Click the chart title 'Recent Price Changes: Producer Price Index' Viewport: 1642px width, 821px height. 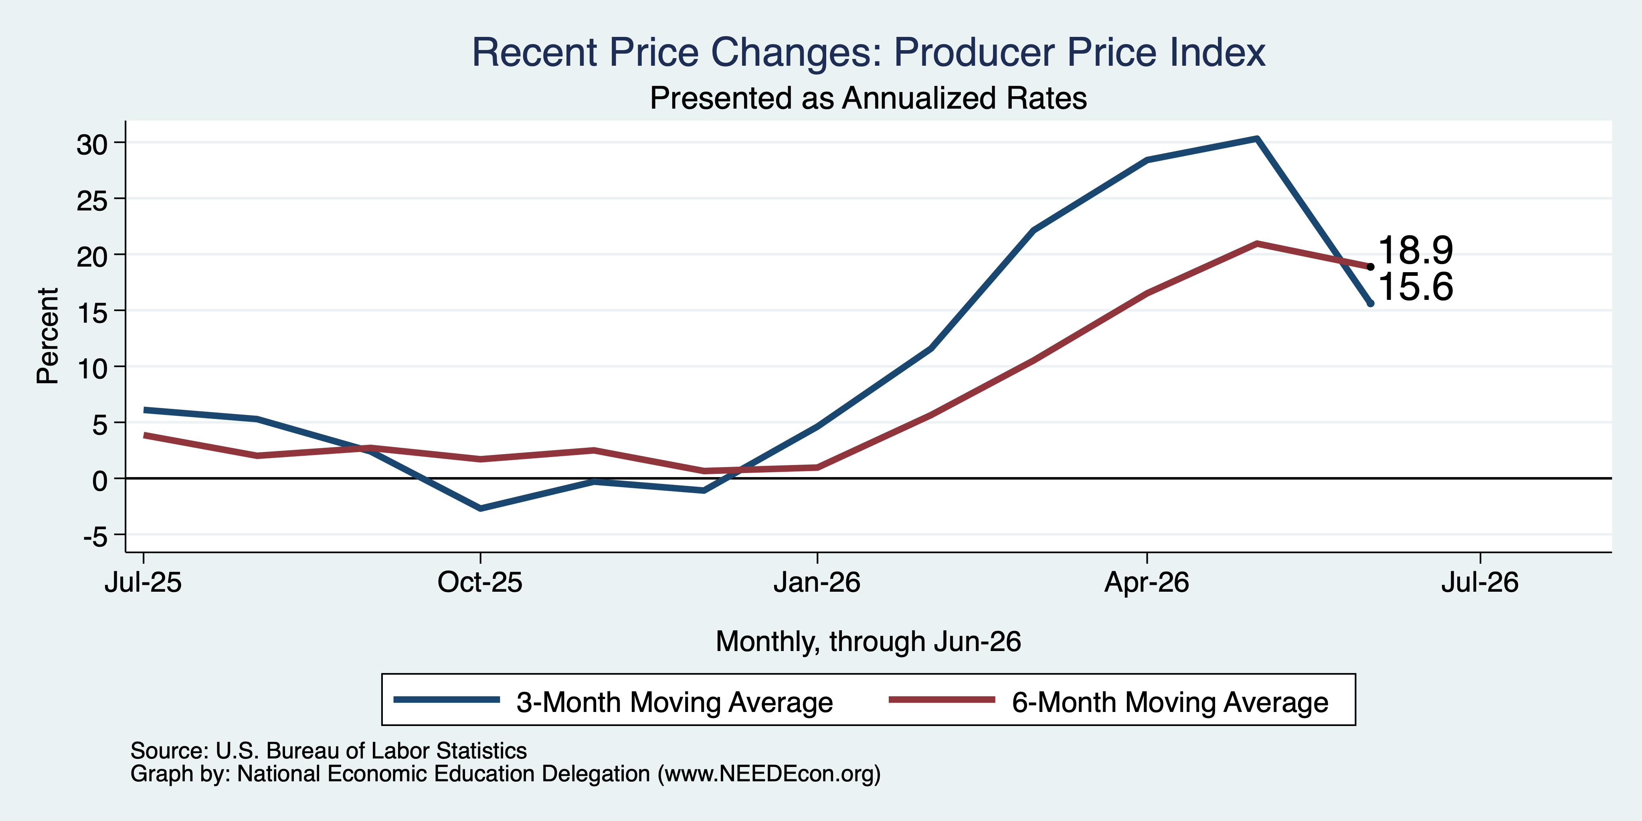click(868, 52)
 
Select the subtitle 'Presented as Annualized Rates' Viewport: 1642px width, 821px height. click(868, 98)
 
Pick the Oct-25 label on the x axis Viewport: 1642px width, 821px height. click(480, 582)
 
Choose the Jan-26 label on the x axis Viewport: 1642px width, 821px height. click(817, 582)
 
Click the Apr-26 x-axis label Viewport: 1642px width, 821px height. click(1147, 582)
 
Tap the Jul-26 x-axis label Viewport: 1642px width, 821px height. click(1480, 582)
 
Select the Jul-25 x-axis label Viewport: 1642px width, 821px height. click(144, 582)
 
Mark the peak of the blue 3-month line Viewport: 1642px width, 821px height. click(1256, 138)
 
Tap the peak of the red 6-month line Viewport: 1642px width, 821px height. click(1256, 243)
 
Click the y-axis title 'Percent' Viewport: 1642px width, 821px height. click(48, 336)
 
